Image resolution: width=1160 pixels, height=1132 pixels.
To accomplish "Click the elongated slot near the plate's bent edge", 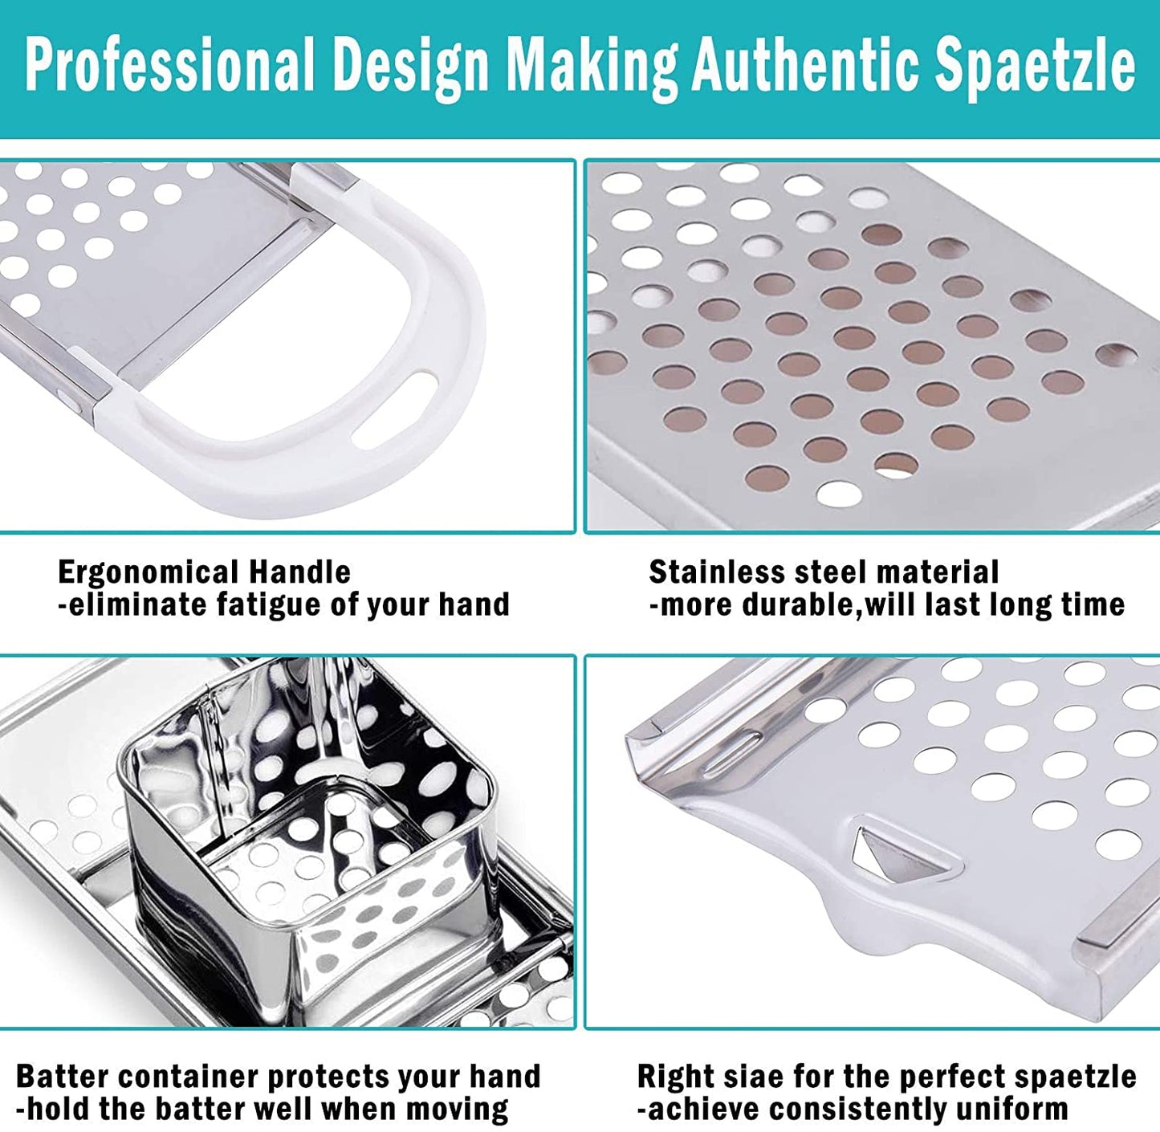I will coord(731,746).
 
